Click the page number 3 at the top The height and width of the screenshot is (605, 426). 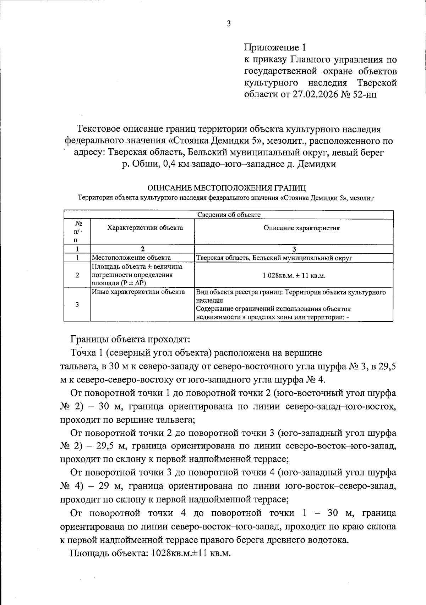coord(229,24)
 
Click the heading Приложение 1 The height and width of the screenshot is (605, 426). coord(275,47)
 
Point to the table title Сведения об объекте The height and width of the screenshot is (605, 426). coord(229,215)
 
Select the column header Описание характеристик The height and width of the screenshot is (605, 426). coord(301,228)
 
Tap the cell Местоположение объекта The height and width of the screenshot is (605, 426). coord(131,258)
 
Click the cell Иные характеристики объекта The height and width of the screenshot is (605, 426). coord(138,292)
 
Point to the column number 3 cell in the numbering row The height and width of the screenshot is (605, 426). coord(294,249)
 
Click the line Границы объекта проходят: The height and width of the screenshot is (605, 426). coord(131,339)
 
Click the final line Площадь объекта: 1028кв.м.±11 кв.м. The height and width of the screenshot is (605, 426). coord(151,553)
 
